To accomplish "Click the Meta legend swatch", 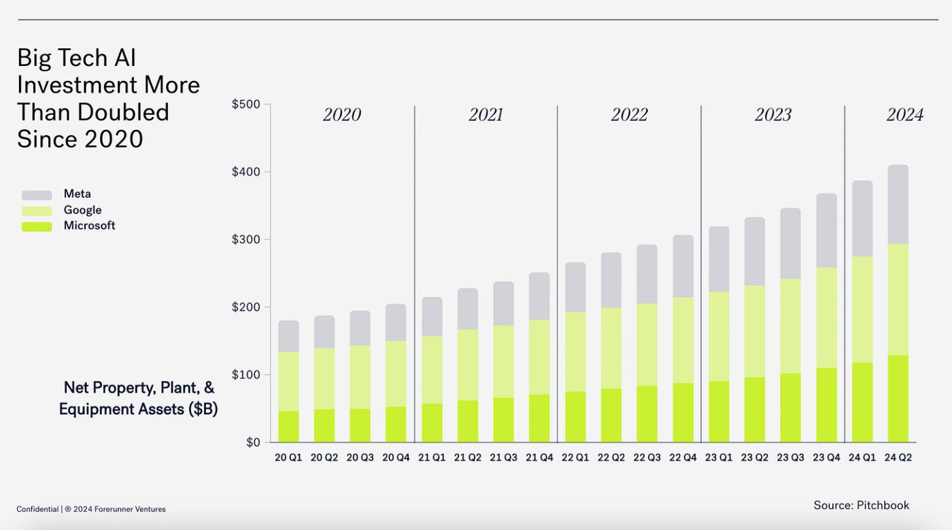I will click(x=37, y=195).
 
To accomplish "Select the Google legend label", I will click(x=82, y=210).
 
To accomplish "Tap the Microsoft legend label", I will click(x=89, y=226).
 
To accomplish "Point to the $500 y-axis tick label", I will click(x=245, y=105).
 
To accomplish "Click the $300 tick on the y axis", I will click(x=245, y=240).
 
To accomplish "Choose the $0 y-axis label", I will click(x=252, y=443).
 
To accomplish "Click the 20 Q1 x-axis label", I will click(x=288, y=458).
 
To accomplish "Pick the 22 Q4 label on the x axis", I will click(x=683, y=458).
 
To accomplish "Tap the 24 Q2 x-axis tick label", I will click(x=898, y=458).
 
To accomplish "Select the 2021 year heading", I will click(x=486, y=115).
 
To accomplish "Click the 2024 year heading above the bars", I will click(x=904, y=115).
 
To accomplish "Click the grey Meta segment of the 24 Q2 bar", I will click(x=898, y=204).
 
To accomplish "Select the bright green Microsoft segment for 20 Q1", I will click(x=288, y=427).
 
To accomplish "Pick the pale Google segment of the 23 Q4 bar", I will click(x=826, y=317).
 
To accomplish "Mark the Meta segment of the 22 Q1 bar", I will click(x=575, y=287).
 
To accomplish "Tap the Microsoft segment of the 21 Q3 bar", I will click(x=503, y=420).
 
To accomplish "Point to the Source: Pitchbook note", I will click(x=861, y=505).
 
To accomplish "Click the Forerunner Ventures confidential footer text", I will click(x=91, y=509).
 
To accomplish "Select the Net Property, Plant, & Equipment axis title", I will click(x=139, y=398).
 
